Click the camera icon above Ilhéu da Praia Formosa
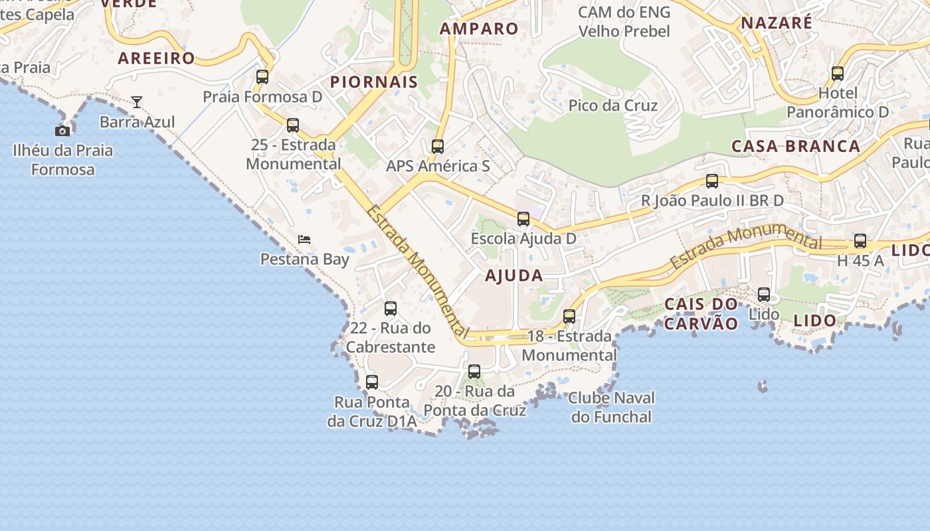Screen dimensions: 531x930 pos(62,131)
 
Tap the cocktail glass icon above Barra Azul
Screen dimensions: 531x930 pos(137,102)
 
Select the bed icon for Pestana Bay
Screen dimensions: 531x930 pos(304,239)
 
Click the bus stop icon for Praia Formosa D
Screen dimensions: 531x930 pos(262,76)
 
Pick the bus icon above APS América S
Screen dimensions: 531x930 pos(438,146)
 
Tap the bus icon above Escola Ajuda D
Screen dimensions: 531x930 pos(523,218)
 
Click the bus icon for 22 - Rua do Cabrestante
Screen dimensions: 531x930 pos(391,308)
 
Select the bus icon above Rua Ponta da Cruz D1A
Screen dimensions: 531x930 pos(372,382)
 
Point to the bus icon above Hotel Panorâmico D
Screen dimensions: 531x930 pos(838,73)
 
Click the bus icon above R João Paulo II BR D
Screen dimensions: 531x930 pos(712,181)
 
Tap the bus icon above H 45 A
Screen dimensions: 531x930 pos(860,241)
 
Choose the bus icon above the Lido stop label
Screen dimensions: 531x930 pos(764,294)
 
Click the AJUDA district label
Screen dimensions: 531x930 pos(514,275)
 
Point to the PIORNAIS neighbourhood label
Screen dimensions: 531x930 pos(374,82)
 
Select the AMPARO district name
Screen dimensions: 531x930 pos(479,29)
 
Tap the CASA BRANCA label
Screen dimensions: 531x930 pos(796,146)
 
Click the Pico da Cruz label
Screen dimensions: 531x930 pos(613,106)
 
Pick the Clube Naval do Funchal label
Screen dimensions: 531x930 pos(612,407)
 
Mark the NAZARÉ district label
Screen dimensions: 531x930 pos(777,23)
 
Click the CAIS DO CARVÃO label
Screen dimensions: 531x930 pos(701,314)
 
